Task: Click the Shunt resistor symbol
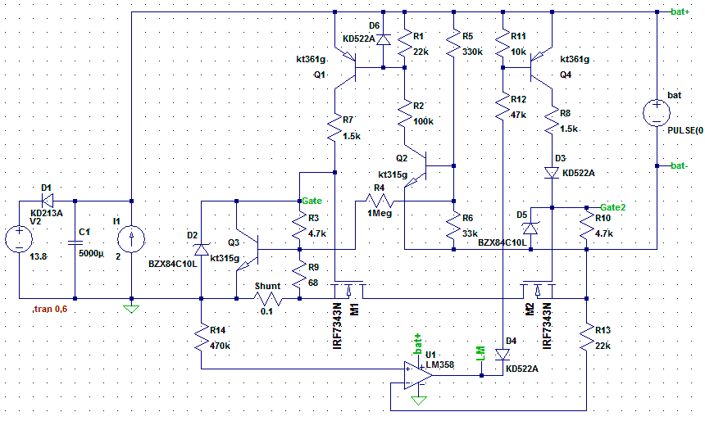(268, 299)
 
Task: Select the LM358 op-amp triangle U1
(418, 376)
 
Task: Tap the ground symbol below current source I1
(131, 309)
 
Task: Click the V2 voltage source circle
(19, 239)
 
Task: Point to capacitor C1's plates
(75, 242)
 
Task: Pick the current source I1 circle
(131, 239)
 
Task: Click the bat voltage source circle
(657, 113)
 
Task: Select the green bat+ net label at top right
(680, 11)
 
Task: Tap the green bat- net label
(679, 165)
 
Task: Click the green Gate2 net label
(613, 207)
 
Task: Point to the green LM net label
(480, 354)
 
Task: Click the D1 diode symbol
(48, 201)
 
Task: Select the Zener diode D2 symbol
(201, 249)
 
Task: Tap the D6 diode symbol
(384, 39)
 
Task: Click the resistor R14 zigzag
(201, 337)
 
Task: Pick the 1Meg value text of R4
(380, 214)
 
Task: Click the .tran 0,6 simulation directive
(50, 309)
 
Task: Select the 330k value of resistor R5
(472, 52)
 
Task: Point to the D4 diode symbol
(503, 355)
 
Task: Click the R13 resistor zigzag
(586, 337)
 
